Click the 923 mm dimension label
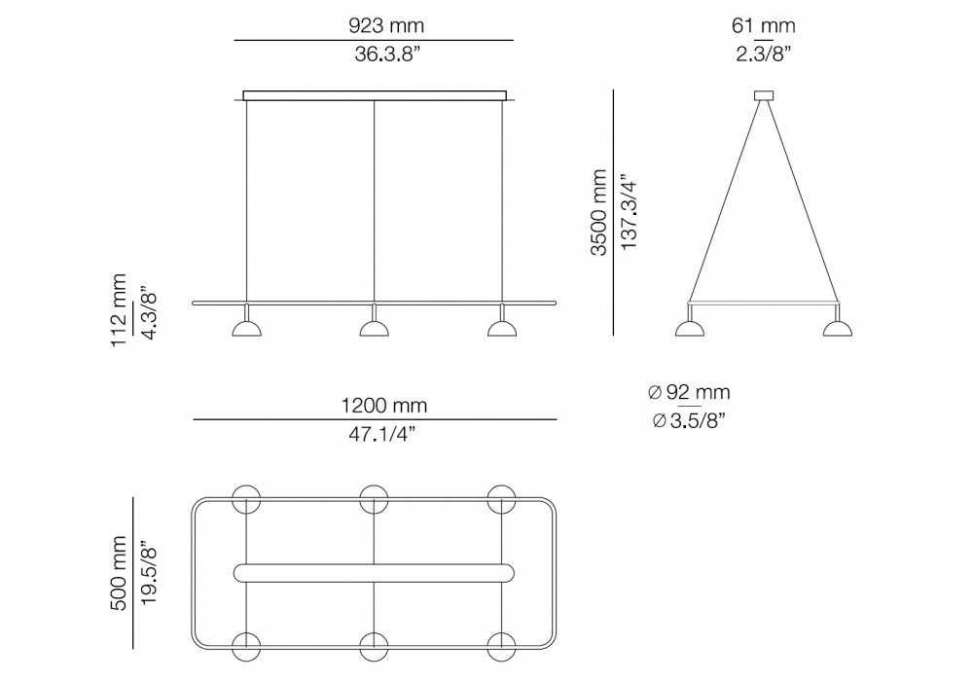[x=386, y=25]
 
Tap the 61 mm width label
[x=763, y=25]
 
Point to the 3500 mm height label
[x=598, y=212]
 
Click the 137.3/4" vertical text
[x=630, y=212]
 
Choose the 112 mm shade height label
[x=118, y=309]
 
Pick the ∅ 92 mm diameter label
[x=689, y=392]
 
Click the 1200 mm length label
[x=384, y=406]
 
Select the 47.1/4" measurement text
[x=381, y=434]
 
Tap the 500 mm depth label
[x=118, y=574]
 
